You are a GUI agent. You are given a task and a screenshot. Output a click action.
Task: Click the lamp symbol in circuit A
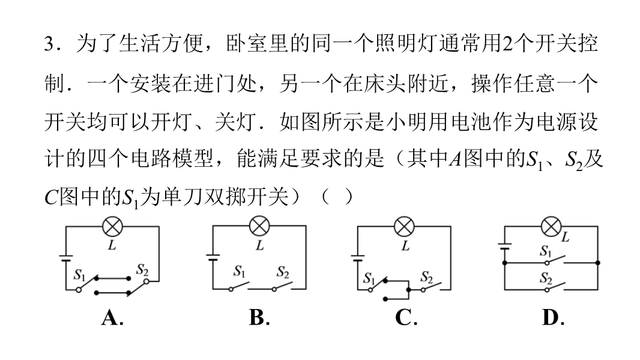point(112,227)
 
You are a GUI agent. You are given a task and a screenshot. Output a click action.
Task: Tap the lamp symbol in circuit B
point(259,226)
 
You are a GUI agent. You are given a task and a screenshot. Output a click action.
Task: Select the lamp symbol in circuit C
point(404,227)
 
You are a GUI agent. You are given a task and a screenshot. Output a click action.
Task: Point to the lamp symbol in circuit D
point(551,227)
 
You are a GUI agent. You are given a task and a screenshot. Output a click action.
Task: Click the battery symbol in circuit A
point(65,259)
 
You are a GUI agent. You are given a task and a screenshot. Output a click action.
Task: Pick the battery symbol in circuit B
point(213,257)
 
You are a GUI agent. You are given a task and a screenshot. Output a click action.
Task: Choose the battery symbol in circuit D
point(504,246)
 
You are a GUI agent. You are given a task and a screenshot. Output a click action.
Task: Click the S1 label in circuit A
point(79,275)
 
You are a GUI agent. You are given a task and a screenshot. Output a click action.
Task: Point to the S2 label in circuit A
point(142,269)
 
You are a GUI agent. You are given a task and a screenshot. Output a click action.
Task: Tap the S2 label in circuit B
point(282,272)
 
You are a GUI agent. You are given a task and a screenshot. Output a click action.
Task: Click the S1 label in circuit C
point(369,278)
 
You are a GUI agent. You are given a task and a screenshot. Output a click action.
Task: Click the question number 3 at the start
point(49,44)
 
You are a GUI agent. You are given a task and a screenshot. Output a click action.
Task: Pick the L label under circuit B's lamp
point(260,246)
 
